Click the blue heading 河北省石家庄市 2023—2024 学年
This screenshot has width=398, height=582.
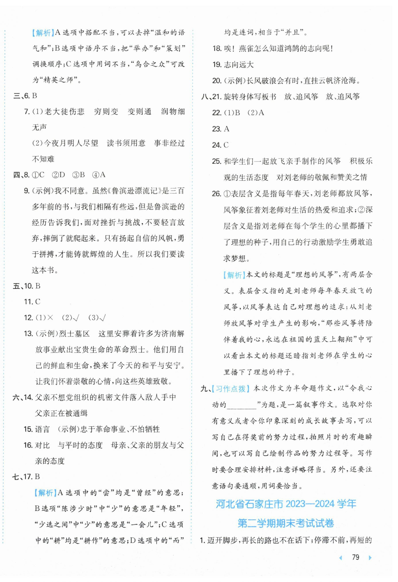pyautogui.click(x=286, y=504)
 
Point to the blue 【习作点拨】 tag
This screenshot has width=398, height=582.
pyautogui.click(x=230, y=389)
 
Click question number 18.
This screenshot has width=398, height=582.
pyautogui.click(x=217, y=49)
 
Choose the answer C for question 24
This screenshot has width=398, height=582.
pyautogui.click(x=226, y=145)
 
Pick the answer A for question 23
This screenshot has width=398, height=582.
pyautogui.click(x=226, y=129)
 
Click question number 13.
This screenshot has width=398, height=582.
pyautogui.click(x=28, y=334)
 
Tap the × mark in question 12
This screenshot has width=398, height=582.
pyautogui.click(x=50, y=318)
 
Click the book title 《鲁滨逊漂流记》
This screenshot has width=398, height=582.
pyautogui.click(x=135, y=191)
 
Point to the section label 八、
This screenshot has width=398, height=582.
pyautogui.click(x=206, y=97)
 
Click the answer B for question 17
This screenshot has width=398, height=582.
pyautogui.click(x=37, y=477)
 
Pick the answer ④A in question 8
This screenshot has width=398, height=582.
pyautogui.click(x=99, y=175)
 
